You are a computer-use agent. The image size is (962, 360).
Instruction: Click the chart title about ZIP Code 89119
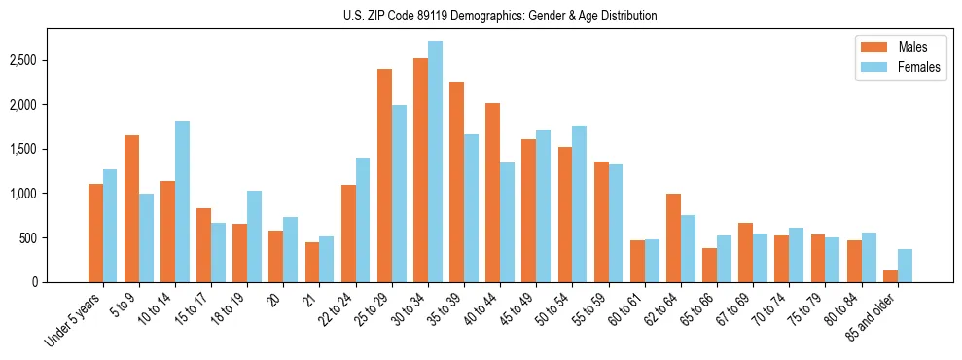500,16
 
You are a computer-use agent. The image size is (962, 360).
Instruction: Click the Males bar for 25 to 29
384,175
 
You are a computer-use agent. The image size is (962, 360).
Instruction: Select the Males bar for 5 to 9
131,208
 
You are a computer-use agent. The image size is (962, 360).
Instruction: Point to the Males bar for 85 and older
890,276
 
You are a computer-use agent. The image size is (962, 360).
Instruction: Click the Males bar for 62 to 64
673,237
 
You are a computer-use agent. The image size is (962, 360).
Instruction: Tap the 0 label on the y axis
35,282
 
